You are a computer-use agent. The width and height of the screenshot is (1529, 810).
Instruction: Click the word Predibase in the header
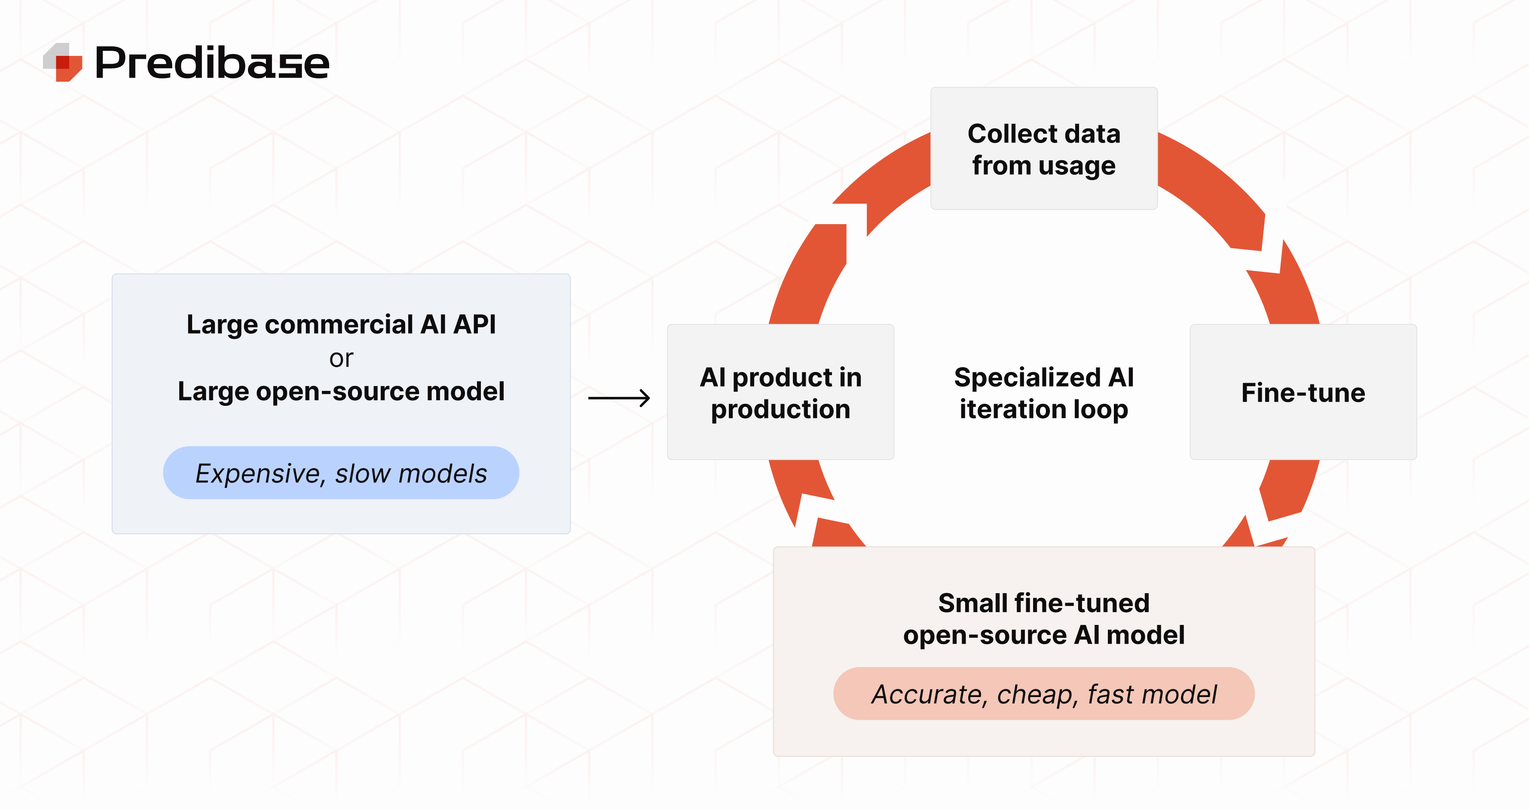click(212, 63)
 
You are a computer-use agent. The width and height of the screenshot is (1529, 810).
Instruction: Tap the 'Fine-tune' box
click(1303, 392)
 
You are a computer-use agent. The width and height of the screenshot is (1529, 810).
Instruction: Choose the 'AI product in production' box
click(780, 392)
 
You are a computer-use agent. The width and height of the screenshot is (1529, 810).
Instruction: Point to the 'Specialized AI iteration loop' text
click(1043, 393)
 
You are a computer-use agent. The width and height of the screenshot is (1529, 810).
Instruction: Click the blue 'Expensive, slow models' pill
click(341, 473)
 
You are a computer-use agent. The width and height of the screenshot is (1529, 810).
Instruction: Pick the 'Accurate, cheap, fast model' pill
click(1043, 694)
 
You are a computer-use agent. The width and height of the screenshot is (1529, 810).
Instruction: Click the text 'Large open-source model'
click(341, 392)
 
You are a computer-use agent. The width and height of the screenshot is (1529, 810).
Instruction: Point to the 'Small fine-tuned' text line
click(1043, 603)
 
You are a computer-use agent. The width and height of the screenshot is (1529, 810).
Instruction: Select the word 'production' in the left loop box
click(780, 409)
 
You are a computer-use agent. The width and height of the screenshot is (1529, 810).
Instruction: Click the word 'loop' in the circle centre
click(1102, 409)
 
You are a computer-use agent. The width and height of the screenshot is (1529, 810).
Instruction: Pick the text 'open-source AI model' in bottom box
click(1043, 635)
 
